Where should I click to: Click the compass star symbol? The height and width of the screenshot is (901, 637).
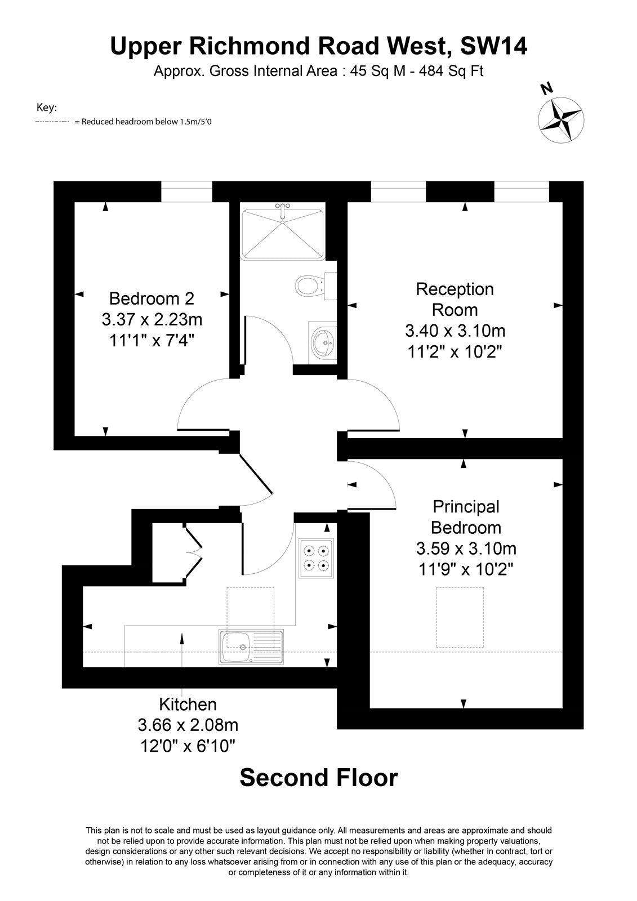click(x=561, y=119)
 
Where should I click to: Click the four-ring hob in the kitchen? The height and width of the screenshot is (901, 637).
click(x=316, y=558)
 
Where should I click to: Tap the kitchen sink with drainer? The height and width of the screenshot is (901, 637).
click(x=251, y=646)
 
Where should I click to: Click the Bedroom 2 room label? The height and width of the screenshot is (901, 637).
click(x=152, y=298)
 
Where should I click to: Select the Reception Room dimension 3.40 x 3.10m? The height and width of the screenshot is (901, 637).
click(x=455, y=331)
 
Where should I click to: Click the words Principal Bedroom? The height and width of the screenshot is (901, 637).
click(x=466, y=517)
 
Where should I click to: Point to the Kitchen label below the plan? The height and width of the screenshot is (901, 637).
click(x=188, y=704)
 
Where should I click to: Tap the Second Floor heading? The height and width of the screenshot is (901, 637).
click(x=319, y=778)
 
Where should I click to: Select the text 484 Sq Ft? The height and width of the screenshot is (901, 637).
click(x=451, y=71)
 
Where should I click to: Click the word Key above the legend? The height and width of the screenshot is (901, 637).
click(x=47, y=108)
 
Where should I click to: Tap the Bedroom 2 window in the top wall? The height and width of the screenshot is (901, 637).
click(x=187, y=191)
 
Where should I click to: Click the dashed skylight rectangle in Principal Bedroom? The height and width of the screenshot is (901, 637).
click(x=460, y=617)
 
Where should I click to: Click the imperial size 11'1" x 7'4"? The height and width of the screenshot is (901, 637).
click(x=152, y=341)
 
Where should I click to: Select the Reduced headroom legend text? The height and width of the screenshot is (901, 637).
click(x=143, y=122)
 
